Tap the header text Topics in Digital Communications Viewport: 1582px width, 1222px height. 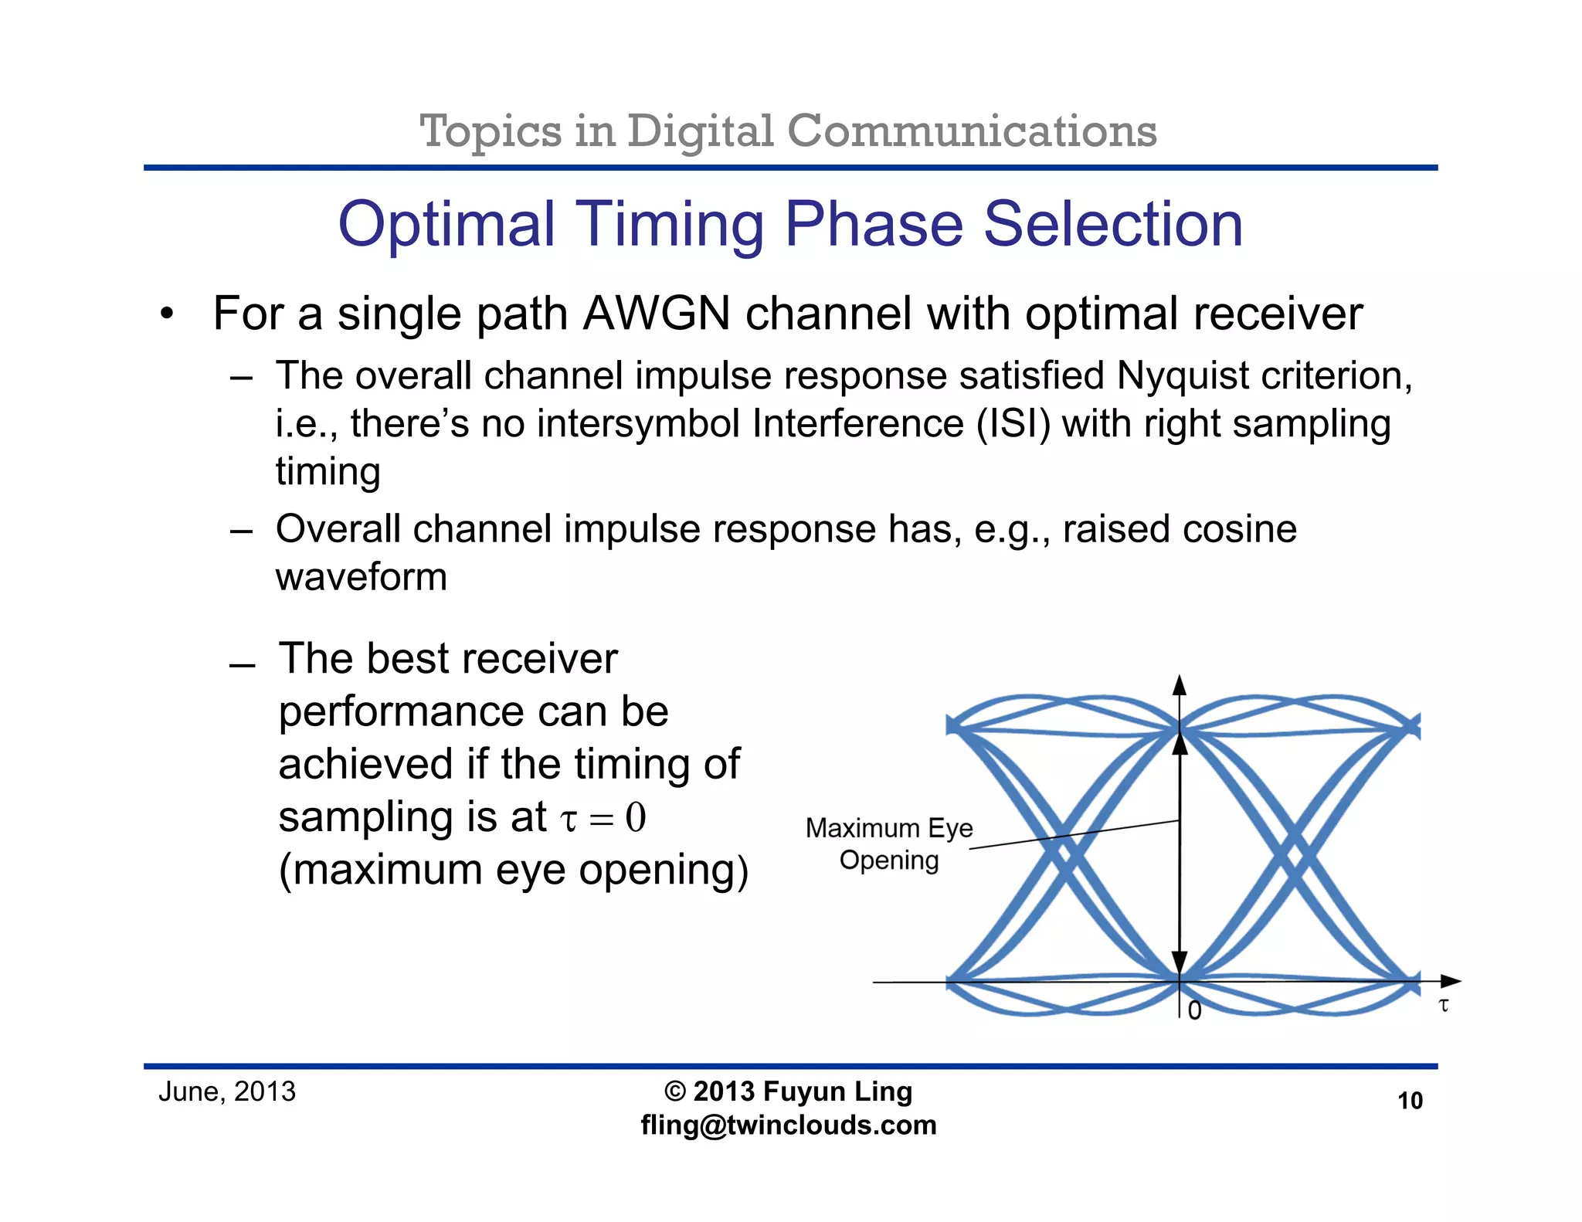point(788,131)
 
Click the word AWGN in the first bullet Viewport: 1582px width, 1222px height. point(656,314)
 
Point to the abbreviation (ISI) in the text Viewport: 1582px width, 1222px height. point(1013,424)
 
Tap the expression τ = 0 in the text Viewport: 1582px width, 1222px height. point(603,817)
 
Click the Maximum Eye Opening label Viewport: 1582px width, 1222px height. point(889,844)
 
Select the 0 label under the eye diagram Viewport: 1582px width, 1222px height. point(1194,1010)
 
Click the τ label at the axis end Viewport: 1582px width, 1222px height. point(1443,1005)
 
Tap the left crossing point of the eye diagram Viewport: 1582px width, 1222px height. point(1064,854)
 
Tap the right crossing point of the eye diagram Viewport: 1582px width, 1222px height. point(1295,854)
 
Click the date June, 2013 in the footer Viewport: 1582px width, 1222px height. point(227,1091)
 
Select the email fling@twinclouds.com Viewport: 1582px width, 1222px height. point(789,1125)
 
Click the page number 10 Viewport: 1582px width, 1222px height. point(1410,1101)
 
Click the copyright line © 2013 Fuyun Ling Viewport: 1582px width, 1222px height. point(789,1091)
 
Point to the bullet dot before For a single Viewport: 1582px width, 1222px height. point(167,315)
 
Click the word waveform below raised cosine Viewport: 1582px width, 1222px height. point(362,577)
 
